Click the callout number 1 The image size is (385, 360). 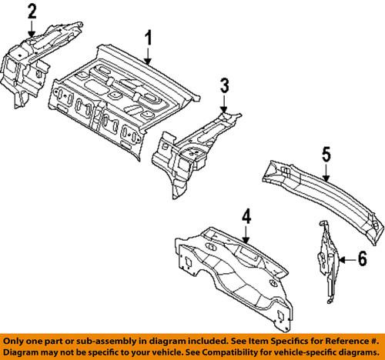tap(149, 36)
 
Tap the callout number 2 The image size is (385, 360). tap(32, 11)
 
